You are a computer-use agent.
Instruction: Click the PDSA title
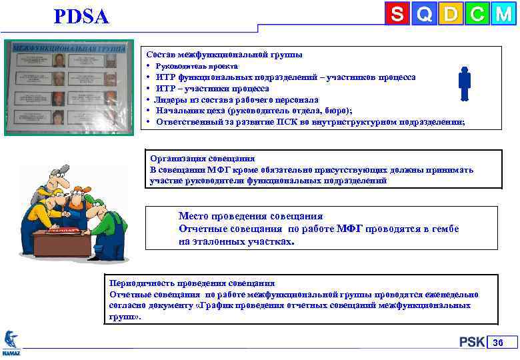(81, 17)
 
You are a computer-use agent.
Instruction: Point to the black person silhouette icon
(465, 83)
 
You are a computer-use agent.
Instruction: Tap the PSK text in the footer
(471, 342)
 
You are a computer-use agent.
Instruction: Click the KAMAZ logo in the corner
(11, 342)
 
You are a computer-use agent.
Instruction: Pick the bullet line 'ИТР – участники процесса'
(212, 88)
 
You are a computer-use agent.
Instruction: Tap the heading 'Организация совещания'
(202, 159)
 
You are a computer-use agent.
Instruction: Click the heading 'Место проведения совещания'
(250, 216)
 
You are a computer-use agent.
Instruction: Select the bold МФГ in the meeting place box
(349, 229)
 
